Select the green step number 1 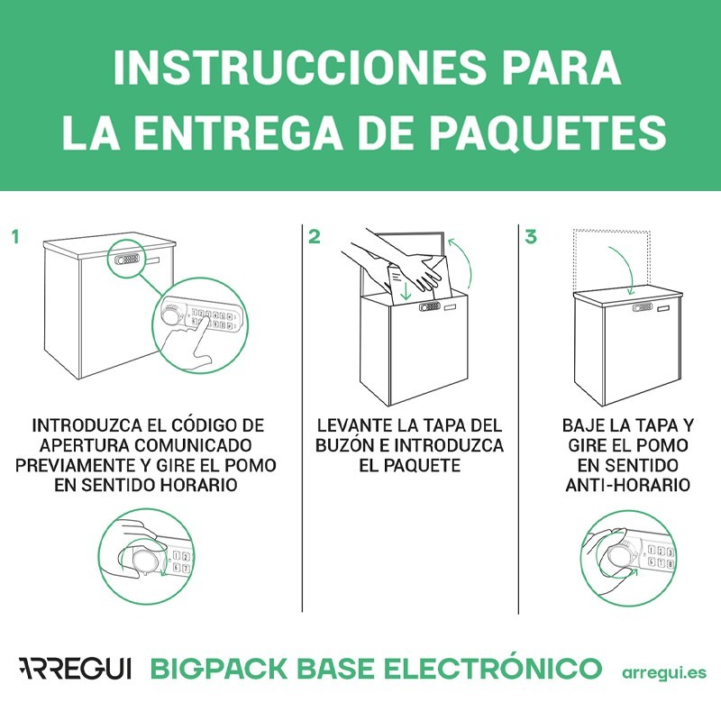15,238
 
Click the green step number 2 314,238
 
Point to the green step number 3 531,238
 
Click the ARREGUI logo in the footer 75,670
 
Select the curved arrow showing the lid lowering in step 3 623,268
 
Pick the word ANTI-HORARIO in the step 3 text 626,486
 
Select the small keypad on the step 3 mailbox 643,307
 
